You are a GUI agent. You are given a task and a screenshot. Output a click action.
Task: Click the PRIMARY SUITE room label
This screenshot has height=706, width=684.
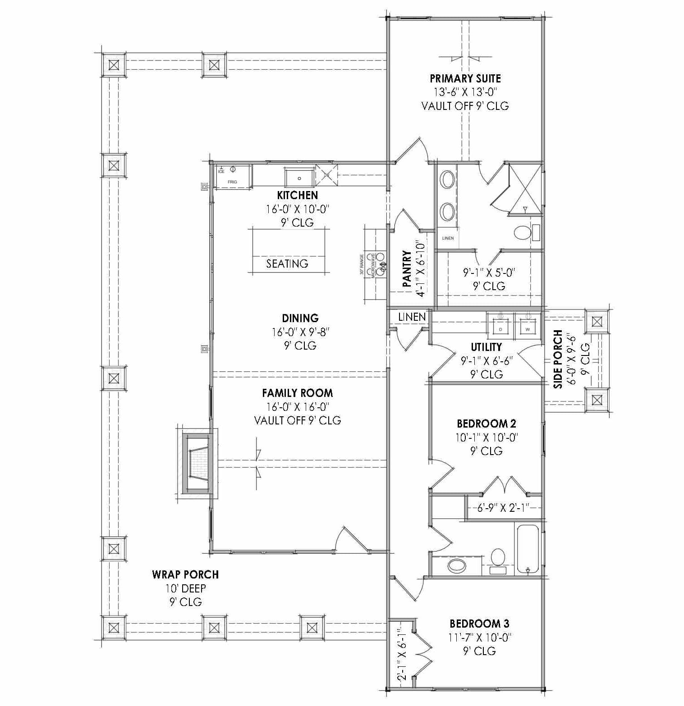tap(465, 78)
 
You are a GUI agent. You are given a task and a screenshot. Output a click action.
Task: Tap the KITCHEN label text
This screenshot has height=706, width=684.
tap(297, 195)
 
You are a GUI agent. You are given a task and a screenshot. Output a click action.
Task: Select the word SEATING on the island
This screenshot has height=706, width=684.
tap(287, 264)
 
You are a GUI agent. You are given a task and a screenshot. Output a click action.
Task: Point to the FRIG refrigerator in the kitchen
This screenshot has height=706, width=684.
tap(232, 176)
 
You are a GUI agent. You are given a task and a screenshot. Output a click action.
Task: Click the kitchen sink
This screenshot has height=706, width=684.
tap(299, 178)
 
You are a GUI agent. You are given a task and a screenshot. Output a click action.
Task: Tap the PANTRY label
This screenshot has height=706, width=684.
tap(407, 269)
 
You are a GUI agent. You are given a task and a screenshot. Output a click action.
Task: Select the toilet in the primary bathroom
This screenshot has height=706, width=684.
tap(523, 232)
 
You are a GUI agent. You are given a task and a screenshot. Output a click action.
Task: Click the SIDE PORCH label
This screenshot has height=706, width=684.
tap(558, 359)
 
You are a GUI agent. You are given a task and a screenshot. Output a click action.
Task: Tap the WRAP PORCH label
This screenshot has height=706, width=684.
tap(185, 574)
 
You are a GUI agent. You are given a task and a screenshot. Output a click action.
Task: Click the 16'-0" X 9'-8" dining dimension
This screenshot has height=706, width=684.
tap(300, 332)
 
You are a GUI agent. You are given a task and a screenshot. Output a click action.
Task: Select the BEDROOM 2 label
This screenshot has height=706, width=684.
tap(486, 424)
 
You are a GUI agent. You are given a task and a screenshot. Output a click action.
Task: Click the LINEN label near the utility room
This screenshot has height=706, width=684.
tap(412, 317)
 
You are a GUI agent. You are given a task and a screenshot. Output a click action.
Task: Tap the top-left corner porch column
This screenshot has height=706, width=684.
tap(114, 65)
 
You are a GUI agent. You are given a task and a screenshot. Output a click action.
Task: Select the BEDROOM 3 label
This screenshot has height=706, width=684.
tap(479, 624)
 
